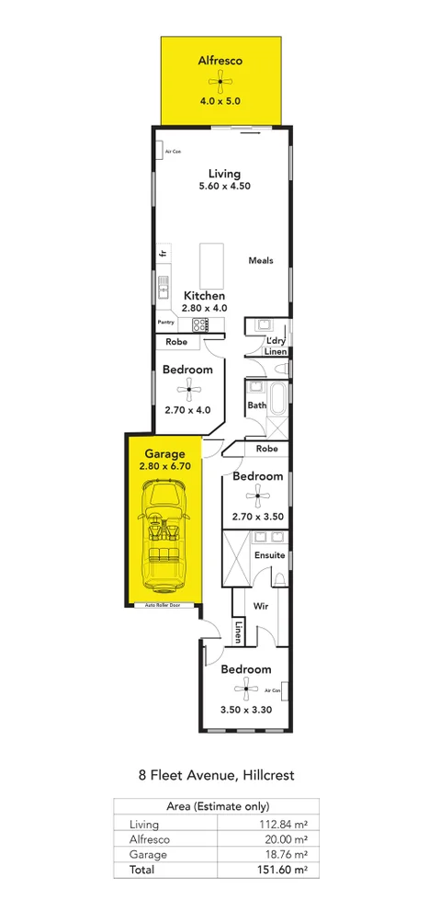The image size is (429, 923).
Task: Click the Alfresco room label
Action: [220, 61]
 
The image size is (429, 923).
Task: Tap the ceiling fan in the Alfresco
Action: [220, 83]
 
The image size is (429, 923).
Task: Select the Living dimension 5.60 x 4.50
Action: [224, 187]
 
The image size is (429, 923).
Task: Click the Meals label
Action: [260, 260]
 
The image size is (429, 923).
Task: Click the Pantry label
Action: [165, 323]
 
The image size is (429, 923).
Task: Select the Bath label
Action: [255, 405]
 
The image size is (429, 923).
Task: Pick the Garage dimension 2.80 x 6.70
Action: [164, 466]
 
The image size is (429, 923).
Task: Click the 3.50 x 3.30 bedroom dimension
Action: [245, 710]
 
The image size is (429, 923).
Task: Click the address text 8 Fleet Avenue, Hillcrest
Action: [214, 775]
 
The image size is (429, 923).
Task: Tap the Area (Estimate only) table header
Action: [215, 808]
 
